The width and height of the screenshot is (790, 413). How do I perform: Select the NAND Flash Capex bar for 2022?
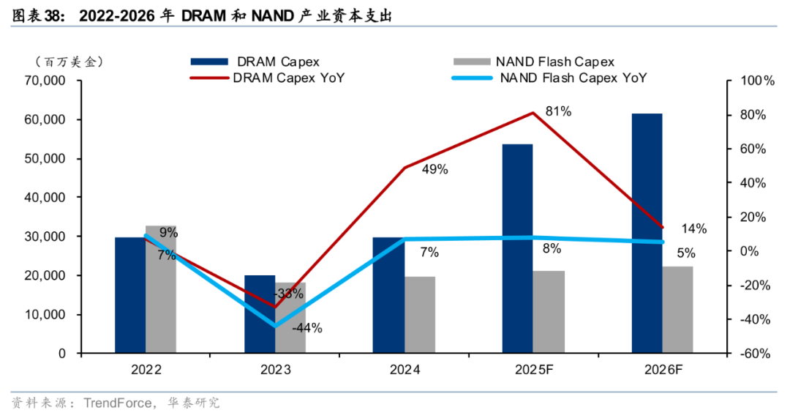(x=161, y=289)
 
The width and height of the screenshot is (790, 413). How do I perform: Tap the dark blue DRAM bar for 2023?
(x=259, y=314)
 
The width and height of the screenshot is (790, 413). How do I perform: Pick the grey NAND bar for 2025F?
(x=549, y=312)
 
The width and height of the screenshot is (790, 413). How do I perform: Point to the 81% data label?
(x=558, y=111)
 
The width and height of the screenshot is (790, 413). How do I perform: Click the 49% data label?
(x=434, y=169)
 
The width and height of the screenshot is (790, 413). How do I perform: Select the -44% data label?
(x=307, y=328)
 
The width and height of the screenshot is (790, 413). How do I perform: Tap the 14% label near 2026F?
(x=693, y=228)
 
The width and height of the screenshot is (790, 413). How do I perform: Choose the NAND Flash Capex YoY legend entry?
(x=573, y=78)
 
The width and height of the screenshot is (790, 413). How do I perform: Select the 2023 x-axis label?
(x=275, y=371)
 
